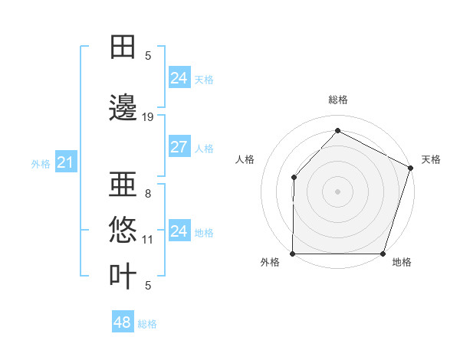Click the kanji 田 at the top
click(123, 46)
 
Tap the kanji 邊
click(123, 108)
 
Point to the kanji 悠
click(123, 230)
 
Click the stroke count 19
click(148, 117)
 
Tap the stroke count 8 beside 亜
click(147, 195)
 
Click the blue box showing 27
click(179, 148)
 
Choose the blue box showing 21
click(65, 162)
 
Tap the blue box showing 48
click(123, 322)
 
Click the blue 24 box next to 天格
click(179, 78)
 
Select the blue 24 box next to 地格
click(179, 231)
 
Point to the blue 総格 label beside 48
click(147, 324)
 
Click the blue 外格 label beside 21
click(41, 163)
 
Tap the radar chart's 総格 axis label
click(337, 100)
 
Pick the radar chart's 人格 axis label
click(245, 159)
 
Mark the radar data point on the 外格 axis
click(293, 254)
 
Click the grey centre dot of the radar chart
click(337, 191)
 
